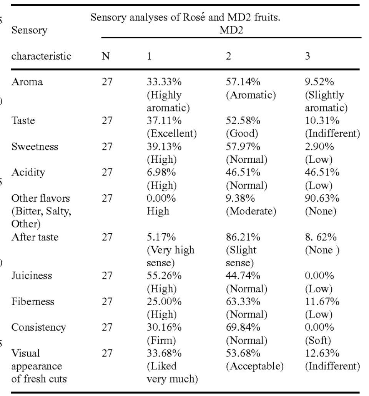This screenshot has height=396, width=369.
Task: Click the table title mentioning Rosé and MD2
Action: click(185, 17)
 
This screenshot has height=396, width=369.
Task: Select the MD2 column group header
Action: click(231, 30)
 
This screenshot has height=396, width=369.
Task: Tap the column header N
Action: click(106, 56)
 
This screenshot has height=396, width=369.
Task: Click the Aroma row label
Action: click(27, 82)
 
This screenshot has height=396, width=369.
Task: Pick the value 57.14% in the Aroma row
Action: click(243, 82)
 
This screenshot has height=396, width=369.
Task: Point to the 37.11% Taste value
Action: click(164, 120)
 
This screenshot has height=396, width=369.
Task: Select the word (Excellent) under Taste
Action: click(172, 134)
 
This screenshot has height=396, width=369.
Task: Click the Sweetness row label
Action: click(35, 147)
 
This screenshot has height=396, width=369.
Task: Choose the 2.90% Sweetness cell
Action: click(319, 147)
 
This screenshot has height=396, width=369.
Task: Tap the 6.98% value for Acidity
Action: click(161, 172)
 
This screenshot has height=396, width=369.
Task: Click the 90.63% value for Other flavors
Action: click(322, 198)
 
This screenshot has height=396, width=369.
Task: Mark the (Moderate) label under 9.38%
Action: click(251, 211)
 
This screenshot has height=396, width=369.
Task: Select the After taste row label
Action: click(35, 237)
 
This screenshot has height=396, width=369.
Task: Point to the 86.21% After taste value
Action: click(243, 237)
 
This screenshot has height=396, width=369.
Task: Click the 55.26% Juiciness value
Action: click(164, 276)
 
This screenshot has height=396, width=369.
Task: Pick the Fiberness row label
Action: click(33, 302)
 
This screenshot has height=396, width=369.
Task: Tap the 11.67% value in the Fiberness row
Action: click(322, 302)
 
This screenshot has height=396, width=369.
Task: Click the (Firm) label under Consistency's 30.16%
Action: click(161, 341)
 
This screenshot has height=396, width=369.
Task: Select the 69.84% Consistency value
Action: click(243, 327)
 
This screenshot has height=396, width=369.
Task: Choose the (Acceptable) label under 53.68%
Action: click(255, 366)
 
